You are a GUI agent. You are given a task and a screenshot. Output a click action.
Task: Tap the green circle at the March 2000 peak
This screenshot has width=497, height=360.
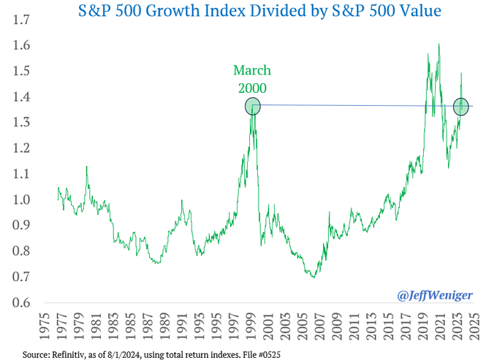253,106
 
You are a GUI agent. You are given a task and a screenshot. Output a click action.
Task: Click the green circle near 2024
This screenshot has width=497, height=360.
461,107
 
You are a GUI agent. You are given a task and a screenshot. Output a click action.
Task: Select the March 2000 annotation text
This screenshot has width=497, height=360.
252,79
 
